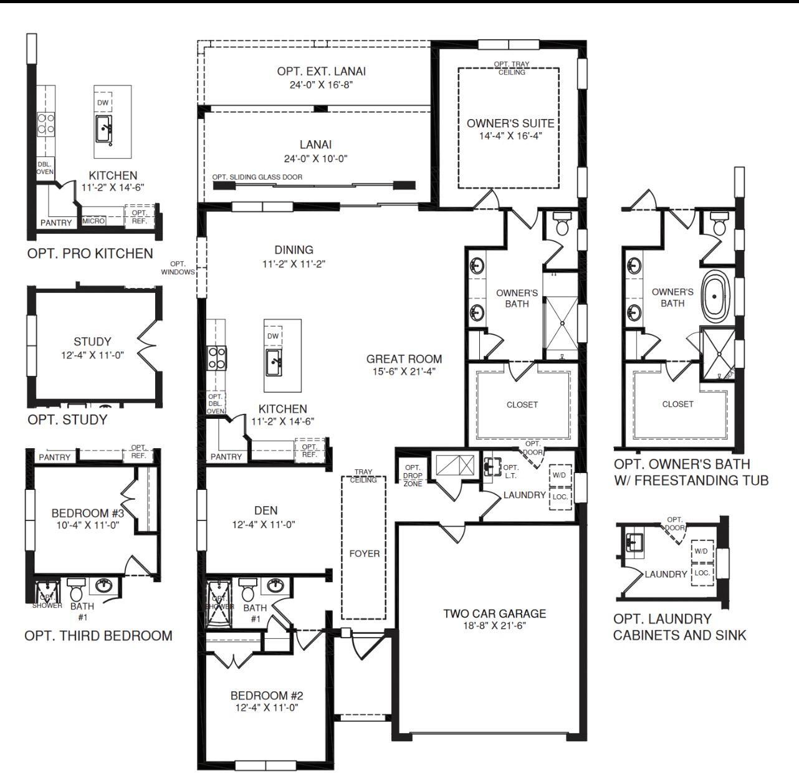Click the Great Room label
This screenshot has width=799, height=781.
[x=404, y=359]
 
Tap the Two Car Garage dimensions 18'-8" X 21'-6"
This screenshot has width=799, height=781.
[x=495, y=625]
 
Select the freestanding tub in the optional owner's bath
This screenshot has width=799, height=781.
[x=715, y=296]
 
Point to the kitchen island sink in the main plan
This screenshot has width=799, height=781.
[x=274, y=362]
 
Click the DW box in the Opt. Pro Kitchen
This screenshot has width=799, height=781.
[x=103, y=103]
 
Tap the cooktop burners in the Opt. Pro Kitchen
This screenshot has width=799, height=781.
[x=46, y=125]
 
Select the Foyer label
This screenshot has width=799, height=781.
[x=364, y=553]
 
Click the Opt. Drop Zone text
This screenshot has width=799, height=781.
[x=413, y=476]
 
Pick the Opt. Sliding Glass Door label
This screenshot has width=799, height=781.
[x=257, y=177]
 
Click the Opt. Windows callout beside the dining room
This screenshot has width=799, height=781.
[x=178, y=268]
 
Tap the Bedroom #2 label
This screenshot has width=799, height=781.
[x=267, y=696]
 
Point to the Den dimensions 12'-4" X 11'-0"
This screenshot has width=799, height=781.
[x=264, y=524]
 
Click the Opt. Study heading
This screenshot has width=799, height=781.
[x=67, y=419]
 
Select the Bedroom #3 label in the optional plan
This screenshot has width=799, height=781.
[x=88, y=513]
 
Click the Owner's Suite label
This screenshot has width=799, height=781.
[x=510, y=123]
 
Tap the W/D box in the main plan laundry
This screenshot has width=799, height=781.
[x=559, y=475]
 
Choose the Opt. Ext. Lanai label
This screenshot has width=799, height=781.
[x=321, y=72]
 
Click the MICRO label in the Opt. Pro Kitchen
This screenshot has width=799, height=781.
[x=93, y=221]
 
